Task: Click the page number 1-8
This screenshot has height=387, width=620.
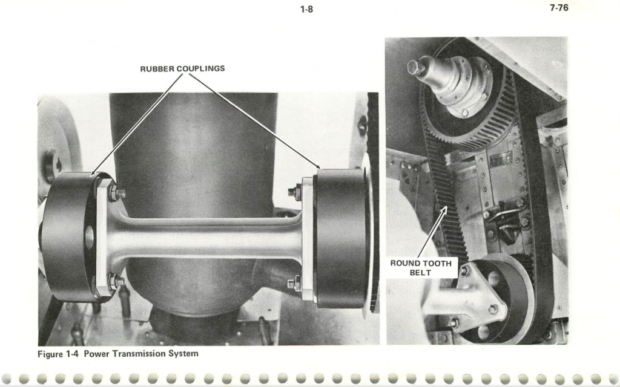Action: coord(306,9)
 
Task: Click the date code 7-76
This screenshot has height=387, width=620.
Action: coord(559,7)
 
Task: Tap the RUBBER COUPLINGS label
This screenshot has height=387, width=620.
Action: coord(182,69)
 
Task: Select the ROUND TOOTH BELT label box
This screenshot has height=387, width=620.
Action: coord(421,268)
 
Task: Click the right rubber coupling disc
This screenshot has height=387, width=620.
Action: coord(341,238)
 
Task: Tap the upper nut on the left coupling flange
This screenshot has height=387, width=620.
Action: coord(116,193)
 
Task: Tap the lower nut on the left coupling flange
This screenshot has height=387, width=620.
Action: coord(116,281)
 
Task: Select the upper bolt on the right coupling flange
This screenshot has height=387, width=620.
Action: coord(295,192)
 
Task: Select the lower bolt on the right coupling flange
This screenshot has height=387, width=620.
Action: coord(294,284)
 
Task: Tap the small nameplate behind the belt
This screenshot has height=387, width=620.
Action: coord(501,159)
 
